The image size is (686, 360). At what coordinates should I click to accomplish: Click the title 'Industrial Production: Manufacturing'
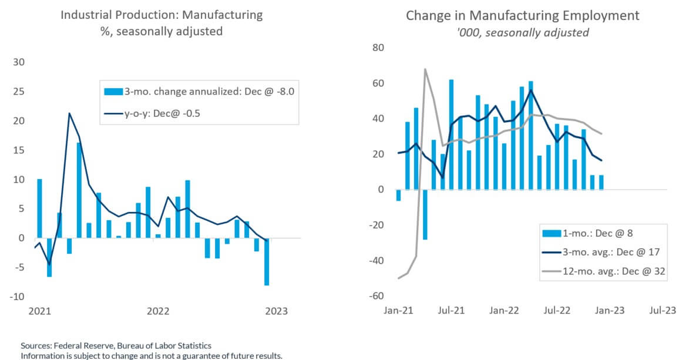tap(162, 14)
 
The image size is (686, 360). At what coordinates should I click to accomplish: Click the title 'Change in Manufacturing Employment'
tap(522, 15)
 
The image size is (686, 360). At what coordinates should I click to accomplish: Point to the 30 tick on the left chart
tap(19, 63)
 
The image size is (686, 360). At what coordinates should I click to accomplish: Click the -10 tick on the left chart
tap(17, 297)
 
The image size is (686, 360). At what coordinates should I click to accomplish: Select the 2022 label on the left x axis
tap(158, 311)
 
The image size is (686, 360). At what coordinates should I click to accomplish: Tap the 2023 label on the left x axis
tap(276, 311)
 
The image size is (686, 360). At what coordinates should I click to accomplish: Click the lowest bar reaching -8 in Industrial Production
tap(267, 261)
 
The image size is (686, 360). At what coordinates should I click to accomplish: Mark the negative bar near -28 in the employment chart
tap(425, 214)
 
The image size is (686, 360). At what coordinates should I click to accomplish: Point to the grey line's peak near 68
tap(425, 69)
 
